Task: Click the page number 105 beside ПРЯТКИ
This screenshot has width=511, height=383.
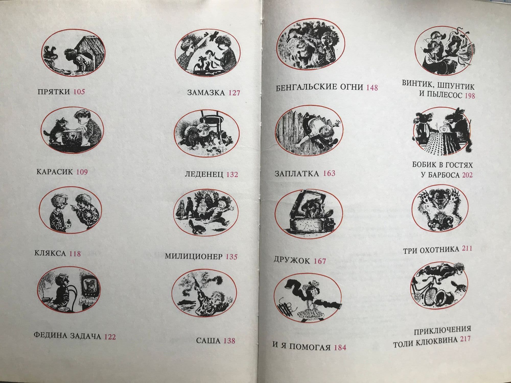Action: click(79, 91)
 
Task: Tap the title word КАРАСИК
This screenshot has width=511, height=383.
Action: click(55, 171)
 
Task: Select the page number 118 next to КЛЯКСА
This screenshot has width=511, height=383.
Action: click(75, 253)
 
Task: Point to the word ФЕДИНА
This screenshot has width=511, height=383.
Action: click(50, 335)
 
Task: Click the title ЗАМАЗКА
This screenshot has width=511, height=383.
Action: click(206, 92)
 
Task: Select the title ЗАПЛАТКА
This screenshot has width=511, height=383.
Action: click(297, 174)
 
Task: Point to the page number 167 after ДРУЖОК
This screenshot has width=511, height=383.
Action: click(320, 261)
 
